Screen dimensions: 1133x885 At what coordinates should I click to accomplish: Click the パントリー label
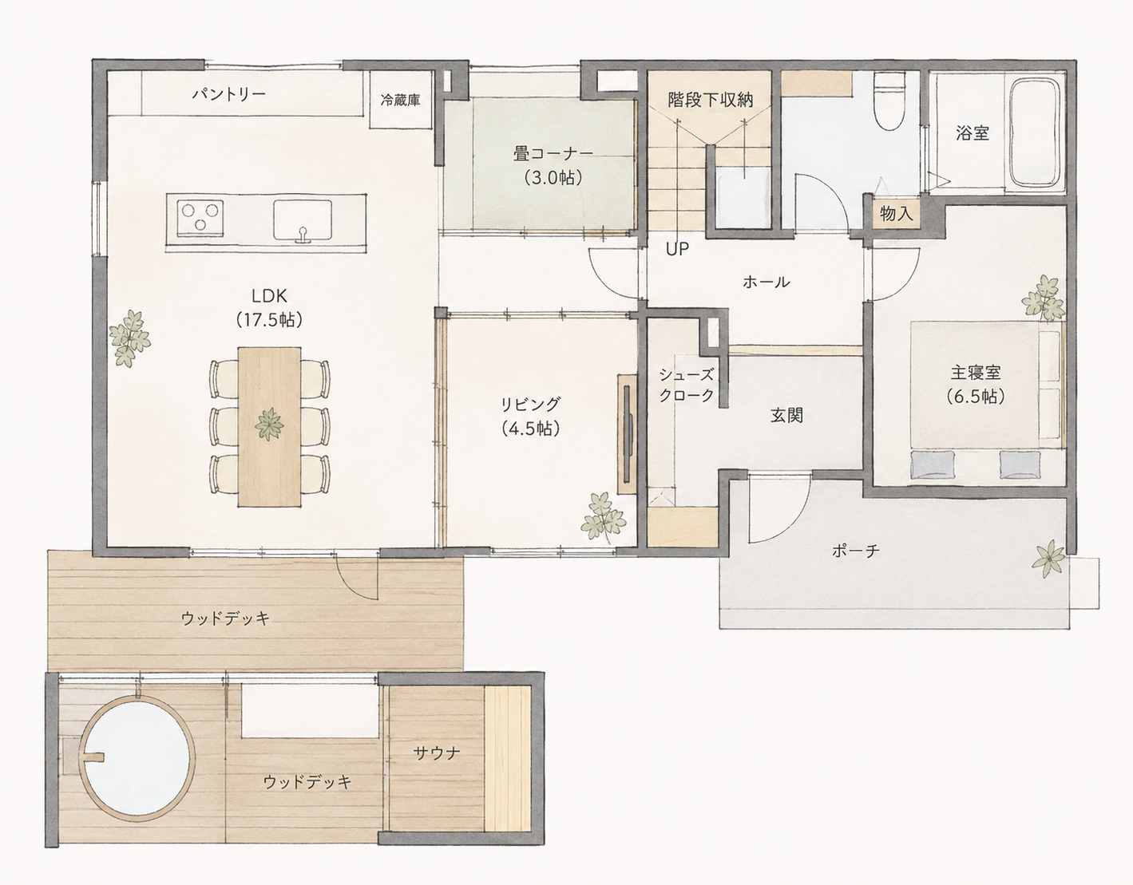tap(229, 95)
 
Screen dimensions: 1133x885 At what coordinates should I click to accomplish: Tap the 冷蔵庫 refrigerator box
tap(401, 100)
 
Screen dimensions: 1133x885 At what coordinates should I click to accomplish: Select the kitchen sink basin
tap(303, 220)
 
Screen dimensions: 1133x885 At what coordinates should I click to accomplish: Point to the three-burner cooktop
tap(199, 216)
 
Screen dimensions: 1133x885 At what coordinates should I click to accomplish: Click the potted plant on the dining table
tap(269, 425)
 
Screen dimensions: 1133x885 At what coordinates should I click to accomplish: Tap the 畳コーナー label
tap(553, 154)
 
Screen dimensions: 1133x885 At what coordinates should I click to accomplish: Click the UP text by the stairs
tap(677, 250)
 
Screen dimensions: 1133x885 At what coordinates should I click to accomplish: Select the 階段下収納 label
tap(710, 100)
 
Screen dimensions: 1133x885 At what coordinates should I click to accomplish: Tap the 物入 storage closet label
tap(897, 214)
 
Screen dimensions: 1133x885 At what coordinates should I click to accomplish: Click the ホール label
tap(766, 282)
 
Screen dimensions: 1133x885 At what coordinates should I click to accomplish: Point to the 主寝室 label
tap(975, 373)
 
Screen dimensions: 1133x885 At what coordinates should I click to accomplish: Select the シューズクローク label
tap(686, 385)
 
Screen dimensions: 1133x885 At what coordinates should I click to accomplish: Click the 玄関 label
tap(786, 415)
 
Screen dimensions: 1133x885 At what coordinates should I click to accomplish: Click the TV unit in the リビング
tap(628, 433)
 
